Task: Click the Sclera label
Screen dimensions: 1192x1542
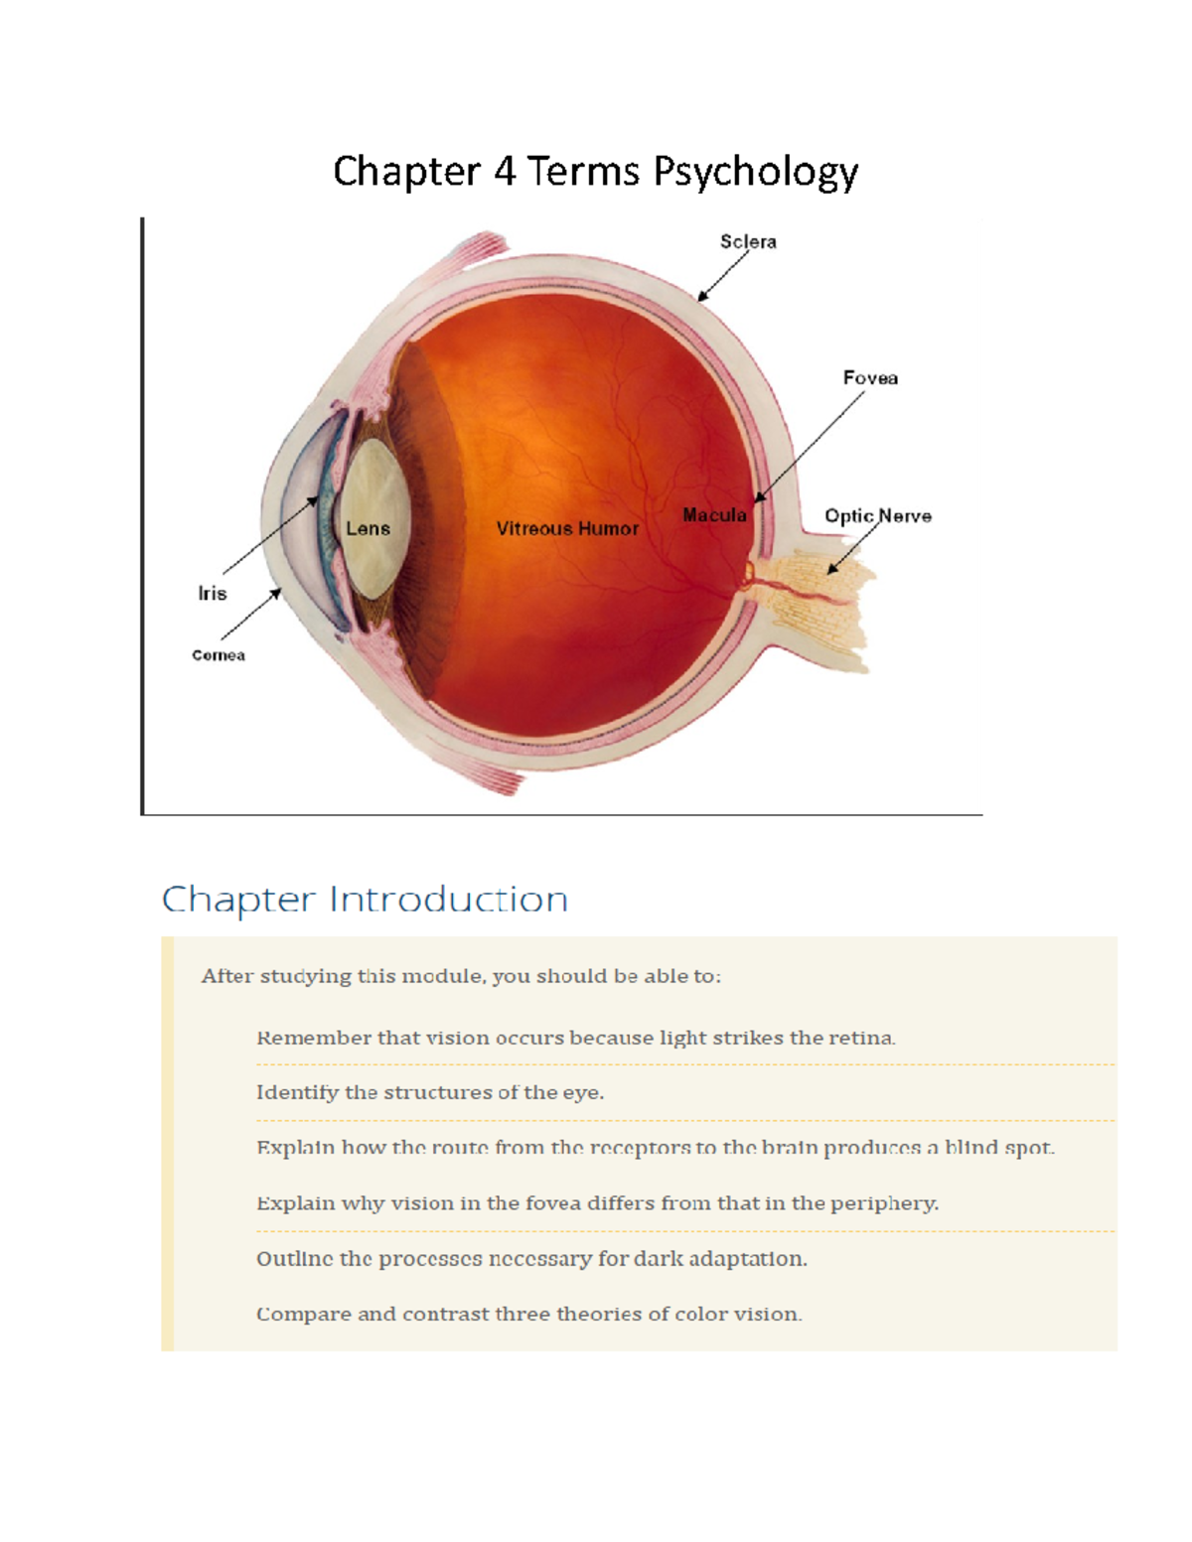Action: (x=748, y=242)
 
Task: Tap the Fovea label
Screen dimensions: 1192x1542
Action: (x=870, y=377)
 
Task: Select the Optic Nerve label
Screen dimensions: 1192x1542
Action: (x=877, y=516)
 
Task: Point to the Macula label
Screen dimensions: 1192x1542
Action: (x=714, y=515)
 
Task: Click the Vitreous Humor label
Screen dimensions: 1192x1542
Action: (x=567, y=528)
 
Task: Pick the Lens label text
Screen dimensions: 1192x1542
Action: (x=368, y=528)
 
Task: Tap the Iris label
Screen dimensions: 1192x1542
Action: (x=213, y=593)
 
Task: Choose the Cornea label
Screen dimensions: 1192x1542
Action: (x=219, y=655)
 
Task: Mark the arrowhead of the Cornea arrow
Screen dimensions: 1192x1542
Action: (x=276, y=593)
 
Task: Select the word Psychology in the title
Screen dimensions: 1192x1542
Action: (x=755, y=173)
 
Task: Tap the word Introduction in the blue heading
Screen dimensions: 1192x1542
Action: (x=448, y=899)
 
